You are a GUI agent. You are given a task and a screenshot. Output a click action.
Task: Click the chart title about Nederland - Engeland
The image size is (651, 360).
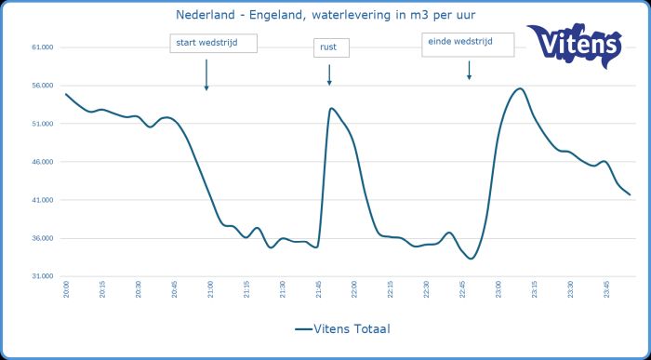coord(320,14)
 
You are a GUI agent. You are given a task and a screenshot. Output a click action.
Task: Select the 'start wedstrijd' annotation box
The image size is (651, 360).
coord(212,43)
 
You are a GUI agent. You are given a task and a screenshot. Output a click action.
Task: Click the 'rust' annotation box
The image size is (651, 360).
coord(330,47)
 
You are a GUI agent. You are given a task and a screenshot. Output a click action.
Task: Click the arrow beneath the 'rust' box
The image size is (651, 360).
coord(329,75)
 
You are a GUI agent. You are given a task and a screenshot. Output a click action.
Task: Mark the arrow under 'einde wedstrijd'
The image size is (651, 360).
coord(469,70)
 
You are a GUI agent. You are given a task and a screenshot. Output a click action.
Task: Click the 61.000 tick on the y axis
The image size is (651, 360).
coord(43,47)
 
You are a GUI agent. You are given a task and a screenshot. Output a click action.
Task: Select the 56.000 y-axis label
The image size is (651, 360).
coord(43,86)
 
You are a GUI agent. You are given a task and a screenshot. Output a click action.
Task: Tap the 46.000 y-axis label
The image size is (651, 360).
coord(43,162)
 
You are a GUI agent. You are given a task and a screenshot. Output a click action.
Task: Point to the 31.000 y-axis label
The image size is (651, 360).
coord(43,276)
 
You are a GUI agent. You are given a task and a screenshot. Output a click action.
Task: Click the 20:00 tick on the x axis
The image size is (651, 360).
coord(67,291)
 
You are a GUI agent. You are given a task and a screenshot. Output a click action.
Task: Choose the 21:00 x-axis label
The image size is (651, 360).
coord(209,291)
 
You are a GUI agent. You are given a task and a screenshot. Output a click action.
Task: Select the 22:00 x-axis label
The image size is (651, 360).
coord(353,291)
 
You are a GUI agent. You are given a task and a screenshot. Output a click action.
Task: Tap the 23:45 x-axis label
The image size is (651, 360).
coord(605,291)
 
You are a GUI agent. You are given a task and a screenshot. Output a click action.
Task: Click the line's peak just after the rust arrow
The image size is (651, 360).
coord(330,108)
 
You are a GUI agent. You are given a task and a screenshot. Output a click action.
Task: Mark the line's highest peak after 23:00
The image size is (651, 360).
coord(519,88)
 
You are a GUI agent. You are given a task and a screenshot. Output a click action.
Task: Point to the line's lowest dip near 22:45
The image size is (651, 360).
coord(471,259)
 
